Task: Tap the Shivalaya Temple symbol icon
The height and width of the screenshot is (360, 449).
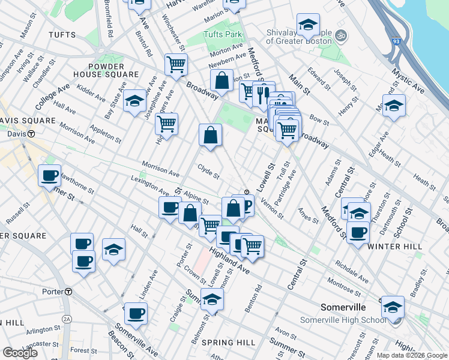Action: click(342, 35)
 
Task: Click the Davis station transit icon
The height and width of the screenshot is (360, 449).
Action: click(30, 134)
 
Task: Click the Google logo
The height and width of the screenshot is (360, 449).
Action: click(20, 353)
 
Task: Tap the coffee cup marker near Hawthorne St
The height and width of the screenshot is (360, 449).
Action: click(50, 176)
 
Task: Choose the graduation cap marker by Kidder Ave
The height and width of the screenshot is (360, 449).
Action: click(135, 100)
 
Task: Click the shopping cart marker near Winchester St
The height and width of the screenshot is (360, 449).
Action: click(176, 64)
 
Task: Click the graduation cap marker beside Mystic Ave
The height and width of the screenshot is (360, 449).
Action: click(394, 107)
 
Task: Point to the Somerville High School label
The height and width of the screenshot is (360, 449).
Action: click(343, 320)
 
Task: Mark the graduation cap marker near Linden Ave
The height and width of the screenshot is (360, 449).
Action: click(113, 249)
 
